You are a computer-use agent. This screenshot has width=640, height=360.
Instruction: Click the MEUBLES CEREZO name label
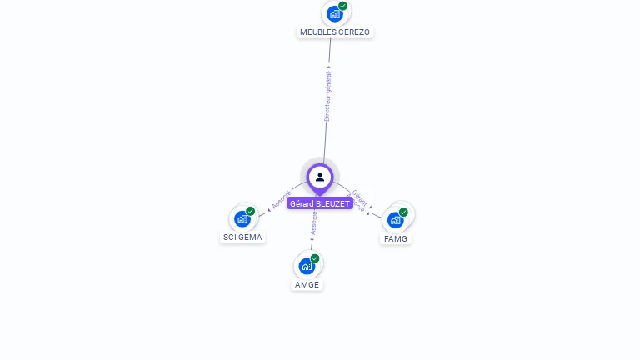point(334,32)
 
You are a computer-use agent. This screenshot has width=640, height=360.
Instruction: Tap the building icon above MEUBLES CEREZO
point(334,14)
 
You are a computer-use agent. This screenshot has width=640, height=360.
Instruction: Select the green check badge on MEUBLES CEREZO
point(342,6)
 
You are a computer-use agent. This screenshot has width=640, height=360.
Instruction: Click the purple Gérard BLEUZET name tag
point(320,203)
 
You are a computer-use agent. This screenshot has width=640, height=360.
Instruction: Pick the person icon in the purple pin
point(320,177)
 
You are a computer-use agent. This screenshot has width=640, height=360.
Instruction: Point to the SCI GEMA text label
point(242,237)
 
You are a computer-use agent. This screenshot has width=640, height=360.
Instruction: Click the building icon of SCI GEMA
point(242,219)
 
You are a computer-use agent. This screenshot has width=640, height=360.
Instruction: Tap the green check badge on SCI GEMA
point(250,211)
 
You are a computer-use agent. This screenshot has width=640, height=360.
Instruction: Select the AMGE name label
point(307,284)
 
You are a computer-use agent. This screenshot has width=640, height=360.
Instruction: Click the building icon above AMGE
point(307,267)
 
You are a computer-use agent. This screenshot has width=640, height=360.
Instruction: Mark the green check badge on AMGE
point(315,258)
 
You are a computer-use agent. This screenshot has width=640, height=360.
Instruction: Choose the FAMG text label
point(396,238)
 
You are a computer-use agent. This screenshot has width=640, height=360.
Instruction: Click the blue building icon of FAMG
point(395,220)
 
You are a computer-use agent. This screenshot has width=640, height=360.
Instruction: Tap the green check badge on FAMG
point(403,212)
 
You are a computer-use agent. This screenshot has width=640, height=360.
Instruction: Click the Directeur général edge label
point(327,97)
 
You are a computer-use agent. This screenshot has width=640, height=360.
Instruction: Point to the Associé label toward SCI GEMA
point(282,200)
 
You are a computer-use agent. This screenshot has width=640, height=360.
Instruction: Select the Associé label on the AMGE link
point(313,222)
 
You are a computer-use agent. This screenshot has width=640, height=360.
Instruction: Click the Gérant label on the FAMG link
point(359,196)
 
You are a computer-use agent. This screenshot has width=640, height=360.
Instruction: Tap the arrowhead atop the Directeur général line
point(328,67)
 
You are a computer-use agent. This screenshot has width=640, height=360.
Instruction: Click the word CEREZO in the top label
point(354,32)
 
